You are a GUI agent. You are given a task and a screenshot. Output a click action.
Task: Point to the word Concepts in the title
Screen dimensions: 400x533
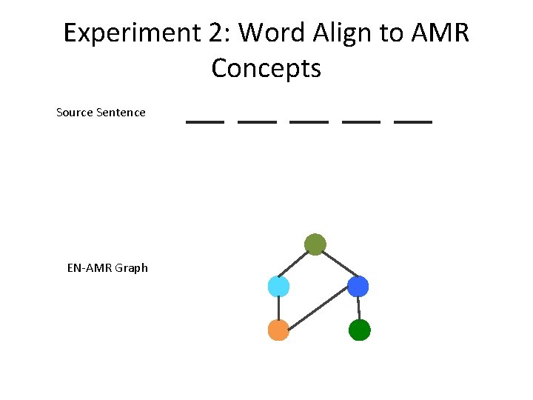click(x=266, y=69)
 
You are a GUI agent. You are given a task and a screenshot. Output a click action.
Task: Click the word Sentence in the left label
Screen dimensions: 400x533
click(x=121, y=113)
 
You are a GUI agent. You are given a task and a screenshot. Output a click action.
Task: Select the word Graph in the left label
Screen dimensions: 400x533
click(x=132, y=268)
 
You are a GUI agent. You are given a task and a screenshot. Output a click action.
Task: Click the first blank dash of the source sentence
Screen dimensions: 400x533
click(x=204, y=121)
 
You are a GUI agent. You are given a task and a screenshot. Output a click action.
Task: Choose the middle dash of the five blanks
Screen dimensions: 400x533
click(x=309, y=121)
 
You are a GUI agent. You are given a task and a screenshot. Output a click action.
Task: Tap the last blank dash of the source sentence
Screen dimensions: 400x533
click(x=413, y=121)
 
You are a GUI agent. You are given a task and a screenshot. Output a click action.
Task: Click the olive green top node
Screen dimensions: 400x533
click(x=315, y=244)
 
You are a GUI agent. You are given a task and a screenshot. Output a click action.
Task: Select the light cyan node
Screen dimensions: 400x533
click(x=278, y=287)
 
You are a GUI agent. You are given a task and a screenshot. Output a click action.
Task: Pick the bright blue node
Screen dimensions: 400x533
click(x=358, y=287)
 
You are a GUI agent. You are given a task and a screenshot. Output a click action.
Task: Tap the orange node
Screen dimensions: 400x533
click(x=278, y=330)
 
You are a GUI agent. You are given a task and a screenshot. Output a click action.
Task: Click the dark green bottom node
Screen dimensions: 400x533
click(x=359, y=330)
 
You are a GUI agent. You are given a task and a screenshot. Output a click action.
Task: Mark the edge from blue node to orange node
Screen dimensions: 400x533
click(x=318, y=308)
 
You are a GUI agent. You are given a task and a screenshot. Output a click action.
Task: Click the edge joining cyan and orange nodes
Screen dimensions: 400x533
click(x=278, y=308)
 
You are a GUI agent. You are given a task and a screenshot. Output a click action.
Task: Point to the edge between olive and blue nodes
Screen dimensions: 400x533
click(x=337, y=265)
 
